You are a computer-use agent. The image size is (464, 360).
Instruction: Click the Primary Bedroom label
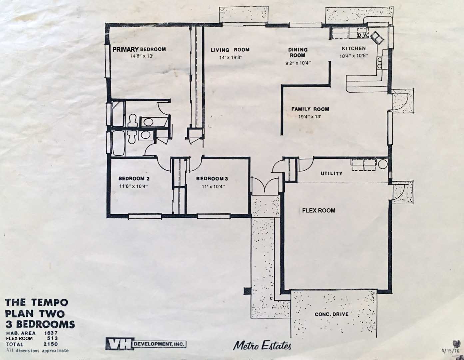pos(139,49)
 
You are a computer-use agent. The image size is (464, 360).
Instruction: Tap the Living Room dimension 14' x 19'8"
pos(231,58)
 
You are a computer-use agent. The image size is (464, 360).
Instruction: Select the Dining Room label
pos(298,52)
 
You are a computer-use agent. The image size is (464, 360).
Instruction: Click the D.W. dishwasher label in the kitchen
pos(363,36)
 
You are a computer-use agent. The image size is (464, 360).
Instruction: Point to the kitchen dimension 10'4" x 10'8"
pos(354,56)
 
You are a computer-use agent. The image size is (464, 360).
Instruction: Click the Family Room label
pos(310,109)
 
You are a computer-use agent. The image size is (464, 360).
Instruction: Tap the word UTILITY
pos(331,173)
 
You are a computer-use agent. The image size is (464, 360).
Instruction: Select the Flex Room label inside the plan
pos(318,210)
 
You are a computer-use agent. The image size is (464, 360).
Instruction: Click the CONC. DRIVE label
pos(331,314)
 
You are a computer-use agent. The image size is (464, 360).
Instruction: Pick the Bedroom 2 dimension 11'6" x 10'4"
pos(134,186)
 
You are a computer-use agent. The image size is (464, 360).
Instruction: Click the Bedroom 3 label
pos(212,179)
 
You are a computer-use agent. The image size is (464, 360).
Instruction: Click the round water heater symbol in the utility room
pos(383,164)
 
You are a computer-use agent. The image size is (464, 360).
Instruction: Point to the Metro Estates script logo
pos(262,345)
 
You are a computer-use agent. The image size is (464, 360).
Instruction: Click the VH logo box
pos(120,344)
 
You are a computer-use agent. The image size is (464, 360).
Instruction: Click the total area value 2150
pos(51,344)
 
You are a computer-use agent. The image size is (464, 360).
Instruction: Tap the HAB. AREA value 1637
pos(51,333)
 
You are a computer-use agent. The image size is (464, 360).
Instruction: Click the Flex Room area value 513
pos(53,338)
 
